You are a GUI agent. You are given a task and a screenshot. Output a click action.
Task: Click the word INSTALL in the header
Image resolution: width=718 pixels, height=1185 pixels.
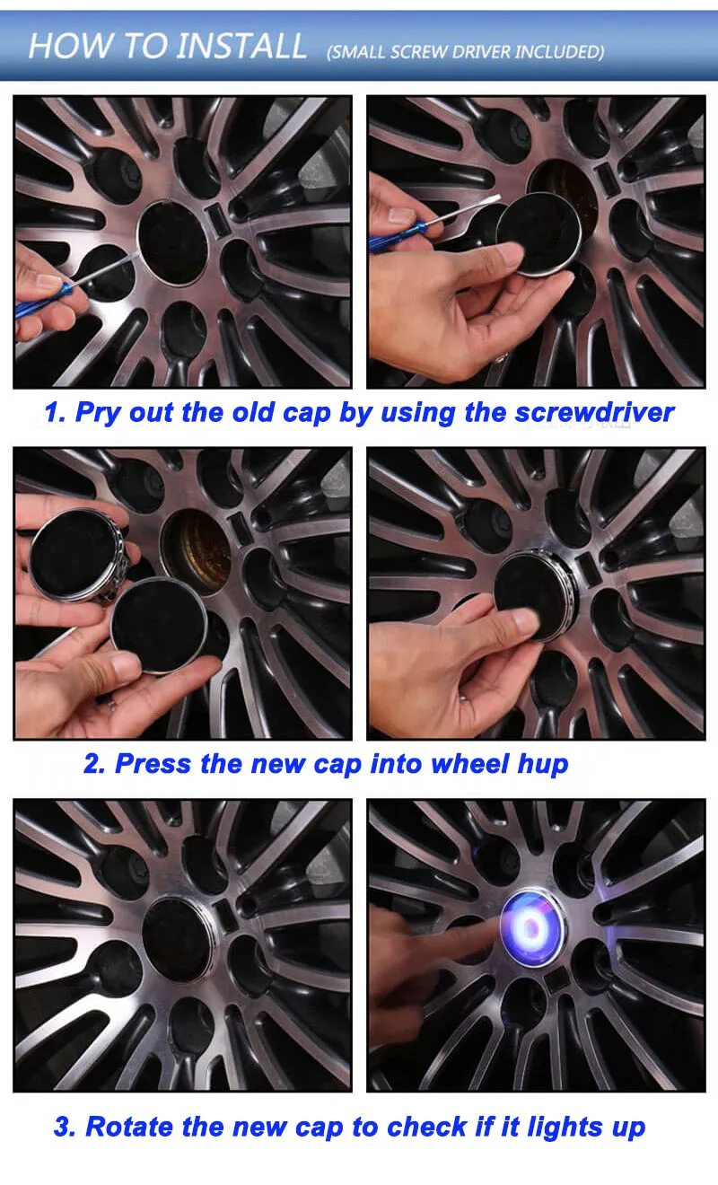(x=241, y=46)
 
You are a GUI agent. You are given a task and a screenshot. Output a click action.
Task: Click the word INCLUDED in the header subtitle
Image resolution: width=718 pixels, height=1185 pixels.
(x=559, y=52)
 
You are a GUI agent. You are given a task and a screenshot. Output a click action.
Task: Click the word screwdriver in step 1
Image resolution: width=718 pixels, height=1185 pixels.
(x=595, y=412)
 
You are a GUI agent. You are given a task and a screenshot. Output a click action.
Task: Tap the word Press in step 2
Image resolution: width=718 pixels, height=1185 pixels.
(x=153, y=764)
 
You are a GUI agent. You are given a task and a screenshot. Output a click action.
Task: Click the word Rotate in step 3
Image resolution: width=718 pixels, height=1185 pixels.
(x=129, y=1126)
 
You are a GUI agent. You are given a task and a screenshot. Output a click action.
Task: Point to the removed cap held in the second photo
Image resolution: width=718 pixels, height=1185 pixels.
(x=538, y=233)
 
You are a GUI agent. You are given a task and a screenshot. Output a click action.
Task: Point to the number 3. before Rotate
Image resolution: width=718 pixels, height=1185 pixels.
(x=66, y=1127)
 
